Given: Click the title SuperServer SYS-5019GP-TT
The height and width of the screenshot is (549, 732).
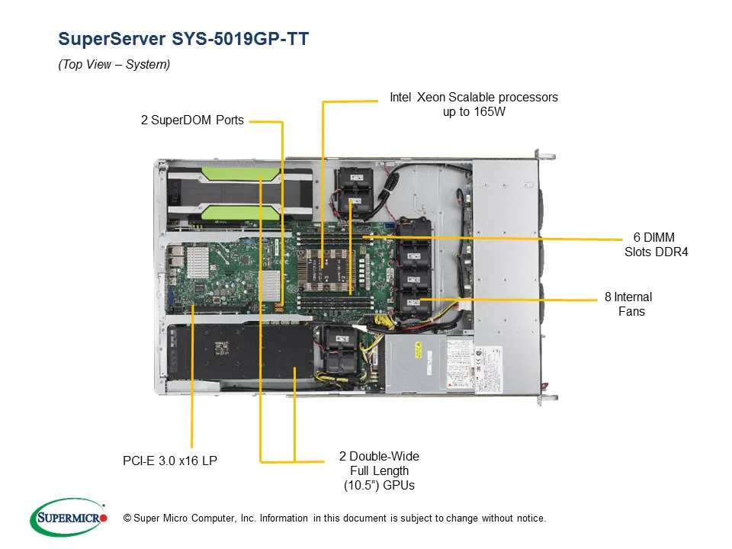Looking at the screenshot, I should pos(183,39).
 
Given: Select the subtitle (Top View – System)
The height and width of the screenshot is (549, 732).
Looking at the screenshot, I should pos(114,65).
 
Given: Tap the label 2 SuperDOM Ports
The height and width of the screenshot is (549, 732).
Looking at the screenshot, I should pos(192,120).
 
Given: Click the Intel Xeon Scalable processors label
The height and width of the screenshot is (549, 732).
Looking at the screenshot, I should pos(474,98).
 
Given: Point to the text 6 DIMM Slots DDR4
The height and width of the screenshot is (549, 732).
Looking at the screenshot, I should pos(653,244).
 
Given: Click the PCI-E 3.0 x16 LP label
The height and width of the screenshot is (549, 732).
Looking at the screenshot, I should pos(170,461).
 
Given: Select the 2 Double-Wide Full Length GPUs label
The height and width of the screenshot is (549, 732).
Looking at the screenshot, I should pos(379,470).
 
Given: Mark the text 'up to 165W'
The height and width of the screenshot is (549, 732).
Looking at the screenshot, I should pos(474,112).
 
